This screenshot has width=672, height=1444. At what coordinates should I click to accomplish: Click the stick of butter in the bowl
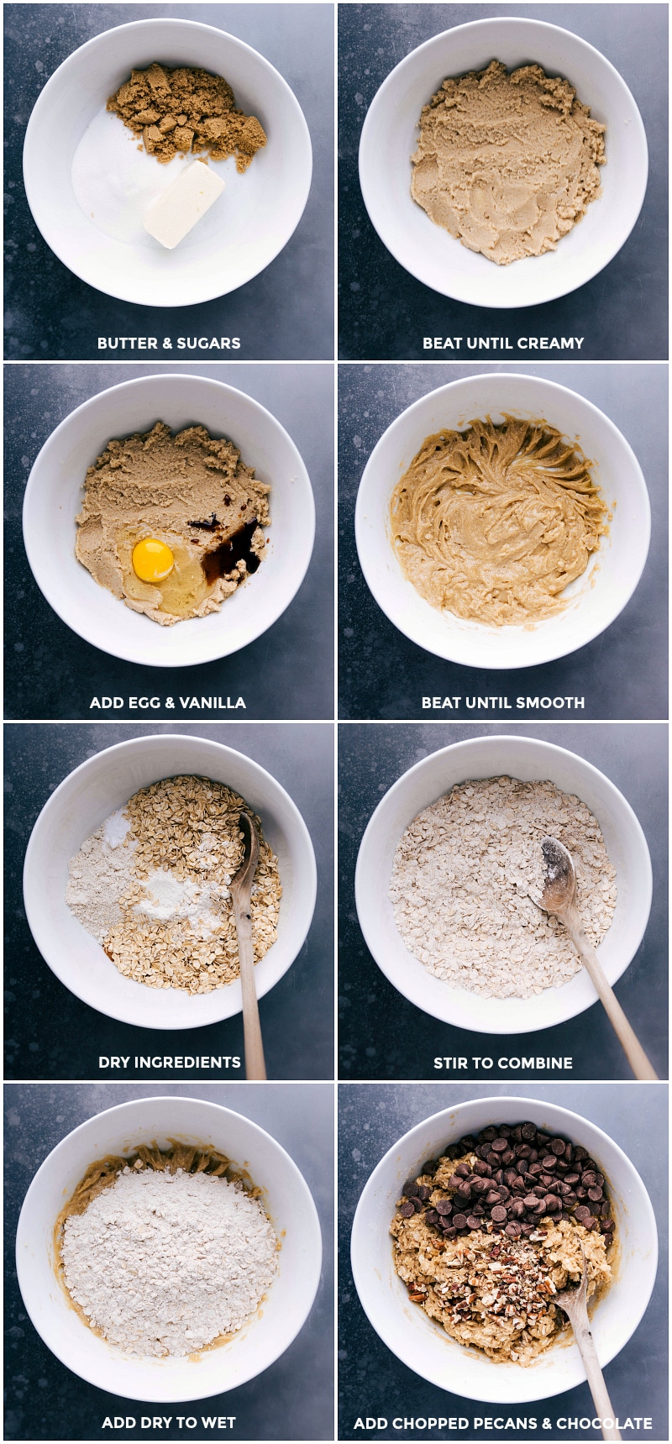[x=184, y=204]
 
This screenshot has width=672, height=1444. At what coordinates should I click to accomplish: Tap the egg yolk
[x=153, y=560]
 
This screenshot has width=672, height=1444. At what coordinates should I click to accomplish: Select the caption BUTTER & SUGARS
[x=169, y=343]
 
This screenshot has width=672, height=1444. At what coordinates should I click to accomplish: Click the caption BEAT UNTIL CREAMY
[x=503, y=343]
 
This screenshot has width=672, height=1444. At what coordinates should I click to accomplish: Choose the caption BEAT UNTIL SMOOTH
[x=503, y=702]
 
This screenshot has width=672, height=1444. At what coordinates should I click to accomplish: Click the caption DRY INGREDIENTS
[x=170, y=1062]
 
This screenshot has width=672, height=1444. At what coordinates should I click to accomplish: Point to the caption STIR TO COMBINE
[x=503, y=1063]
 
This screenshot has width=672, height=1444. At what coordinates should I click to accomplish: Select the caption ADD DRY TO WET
[x=169, y=1422]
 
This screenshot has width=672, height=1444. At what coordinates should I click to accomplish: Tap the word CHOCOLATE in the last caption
[x=604, y=1423]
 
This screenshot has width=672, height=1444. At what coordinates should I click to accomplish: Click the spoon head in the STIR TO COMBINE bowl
[x=558, y=888]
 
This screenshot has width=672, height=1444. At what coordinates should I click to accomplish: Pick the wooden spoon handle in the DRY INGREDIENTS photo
[x=251, y=1000]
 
